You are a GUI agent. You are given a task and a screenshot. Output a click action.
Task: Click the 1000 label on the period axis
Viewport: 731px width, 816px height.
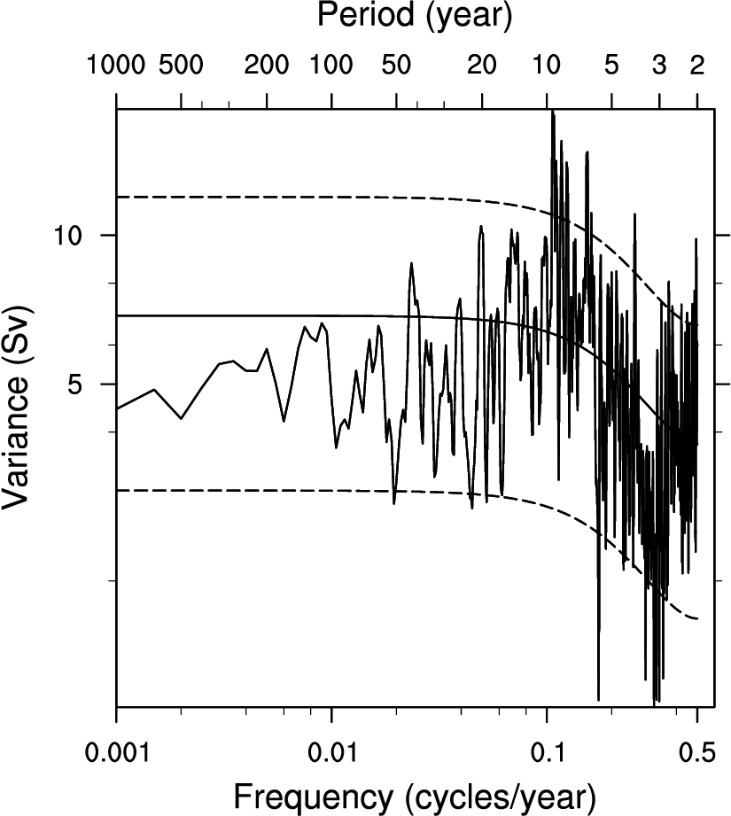click(117, 65)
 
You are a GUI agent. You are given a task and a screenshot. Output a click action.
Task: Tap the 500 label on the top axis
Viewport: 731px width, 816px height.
click(181, 65)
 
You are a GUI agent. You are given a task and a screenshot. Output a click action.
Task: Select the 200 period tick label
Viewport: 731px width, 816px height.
click(267, 65)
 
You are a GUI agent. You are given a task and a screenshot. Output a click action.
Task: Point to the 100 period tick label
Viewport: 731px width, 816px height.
click(331, 65)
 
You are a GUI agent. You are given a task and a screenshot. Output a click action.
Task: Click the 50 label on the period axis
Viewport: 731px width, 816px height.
click(396, 65)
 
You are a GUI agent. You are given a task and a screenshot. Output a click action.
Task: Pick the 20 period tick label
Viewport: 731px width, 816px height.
click(481, 65)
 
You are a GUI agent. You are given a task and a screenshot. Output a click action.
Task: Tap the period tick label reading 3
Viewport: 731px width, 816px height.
click(658, 65)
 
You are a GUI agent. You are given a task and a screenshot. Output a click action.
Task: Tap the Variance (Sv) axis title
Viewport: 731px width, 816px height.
click(19, 408)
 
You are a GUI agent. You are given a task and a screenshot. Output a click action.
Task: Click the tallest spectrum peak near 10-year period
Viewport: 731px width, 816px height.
click(553, 113)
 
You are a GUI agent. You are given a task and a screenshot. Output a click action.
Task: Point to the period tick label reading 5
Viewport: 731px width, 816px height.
click(610, 65)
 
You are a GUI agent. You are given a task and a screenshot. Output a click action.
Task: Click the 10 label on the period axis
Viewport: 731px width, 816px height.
click(547, 65)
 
